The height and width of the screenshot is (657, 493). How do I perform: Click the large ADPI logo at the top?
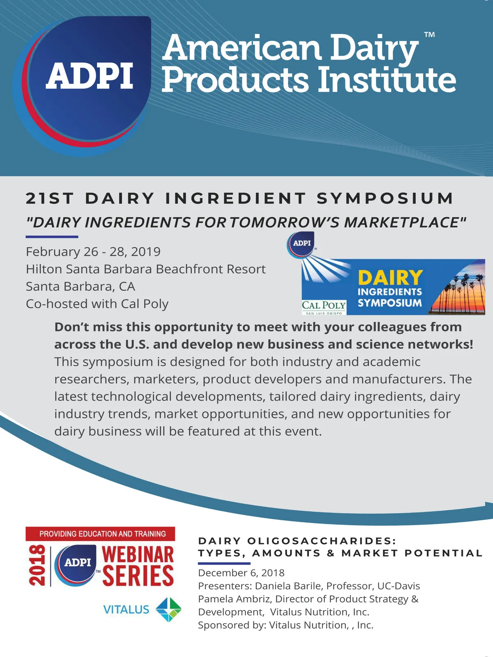82,85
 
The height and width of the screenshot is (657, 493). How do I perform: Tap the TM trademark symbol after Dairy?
430,35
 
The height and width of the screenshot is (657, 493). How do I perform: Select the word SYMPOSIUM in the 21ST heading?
385,198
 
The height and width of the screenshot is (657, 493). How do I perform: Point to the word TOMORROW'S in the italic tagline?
284,223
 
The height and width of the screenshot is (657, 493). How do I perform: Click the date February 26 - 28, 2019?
93,252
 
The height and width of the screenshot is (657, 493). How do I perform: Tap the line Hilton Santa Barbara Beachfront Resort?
146,269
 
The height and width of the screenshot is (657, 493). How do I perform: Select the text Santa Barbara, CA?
80,287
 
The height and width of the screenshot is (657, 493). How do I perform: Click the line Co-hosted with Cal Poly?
97,304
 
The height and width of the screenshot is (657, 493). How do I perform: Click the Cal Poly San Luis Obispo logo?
324,308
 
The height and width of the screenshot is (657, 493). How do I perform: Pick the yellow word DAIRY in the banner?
390,277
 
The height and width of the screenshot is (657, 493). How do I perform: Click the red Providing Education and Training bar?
100,534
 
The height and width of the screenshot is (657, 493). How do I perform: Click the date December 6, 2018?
241,573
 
